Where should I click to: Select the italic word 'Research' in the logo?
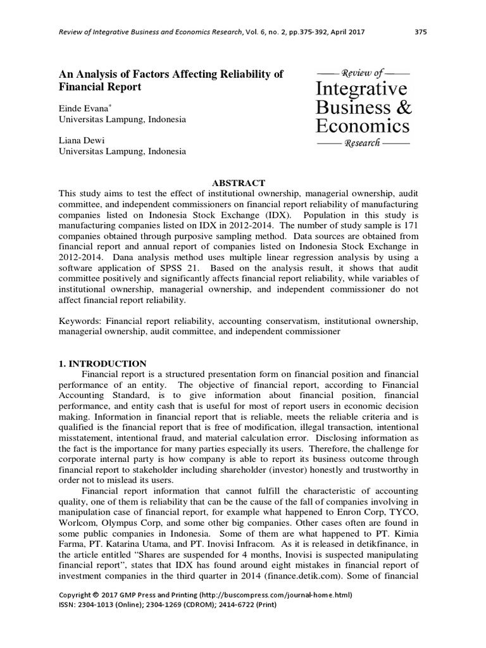[361, 143]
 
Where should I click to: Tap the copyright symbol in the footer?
[95, 595]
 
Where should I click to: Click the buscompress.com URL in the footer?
[275, 595]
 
